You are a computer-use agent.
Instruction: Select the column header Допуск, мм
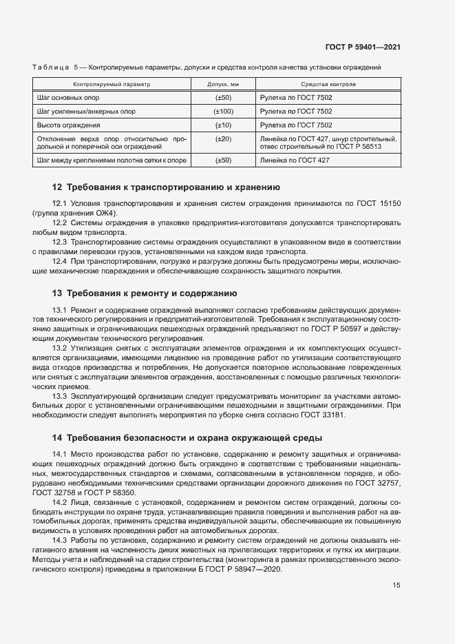(223, 84)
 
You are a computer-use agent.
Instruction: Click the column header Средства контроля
(328, 84)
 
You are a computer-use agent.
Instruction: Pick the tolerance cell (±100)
(223, 112)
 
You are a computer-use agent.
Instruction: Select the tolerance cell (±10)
(223, 125)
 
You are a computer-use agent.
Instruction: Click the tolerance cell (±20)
(223, 139)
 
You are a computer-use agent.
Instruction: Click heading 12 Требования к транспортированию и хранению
(166, 187)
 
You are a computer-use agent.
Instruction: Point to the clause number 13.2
(60, 349)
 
